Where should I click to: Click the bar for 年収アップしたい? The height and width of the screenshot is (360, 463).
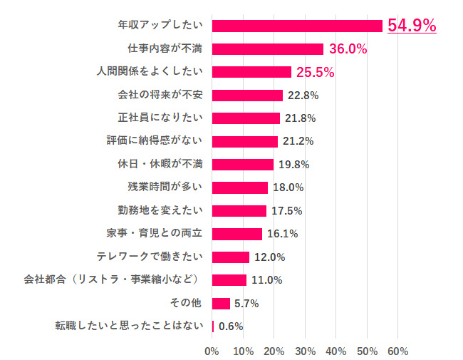pos(297,26)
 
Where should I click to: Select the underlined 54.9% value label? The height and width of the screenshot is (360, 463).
pos(411,26)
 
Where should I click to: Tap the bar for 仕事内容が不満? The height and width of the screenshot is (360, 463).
pos(268,49)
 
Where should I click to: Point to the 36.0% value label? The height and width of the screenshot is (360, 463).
pos(347,49)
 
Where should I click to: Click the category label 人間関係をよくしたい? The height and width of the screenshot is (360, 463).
pos(150,72)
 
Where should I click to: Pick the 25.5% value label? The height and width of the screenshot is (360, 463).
pos(315,72)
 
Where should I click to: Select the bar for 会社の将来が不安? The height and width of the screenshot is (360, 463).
pos(247,95)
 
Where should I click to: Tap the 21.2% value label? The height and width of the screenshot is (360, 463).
pos(298,141)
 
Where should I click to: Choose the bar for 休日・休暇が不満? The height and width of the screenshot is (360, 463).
pos(243,164)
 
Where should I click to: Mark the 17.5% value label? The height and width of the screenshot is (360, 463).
pos(287,210)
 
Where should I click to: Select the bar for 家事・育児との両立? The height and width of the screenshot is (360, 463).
pos(237,233)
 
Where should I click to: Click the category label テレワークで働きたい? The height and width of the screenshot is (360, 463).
pos(150,257)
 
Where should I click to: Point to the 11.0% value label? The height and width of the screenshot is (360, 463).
pos(266,279)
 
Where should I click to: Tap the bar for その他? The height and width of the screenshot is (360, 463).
pos(221,303)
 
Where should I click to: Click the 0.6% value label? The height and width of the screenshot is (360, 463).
pos(231,326)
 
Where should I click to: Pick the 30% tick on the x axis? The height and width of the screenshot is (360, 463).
pos(305,351)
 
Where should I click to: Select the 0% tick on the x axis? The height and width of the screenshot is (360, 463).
pos(212,351)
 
